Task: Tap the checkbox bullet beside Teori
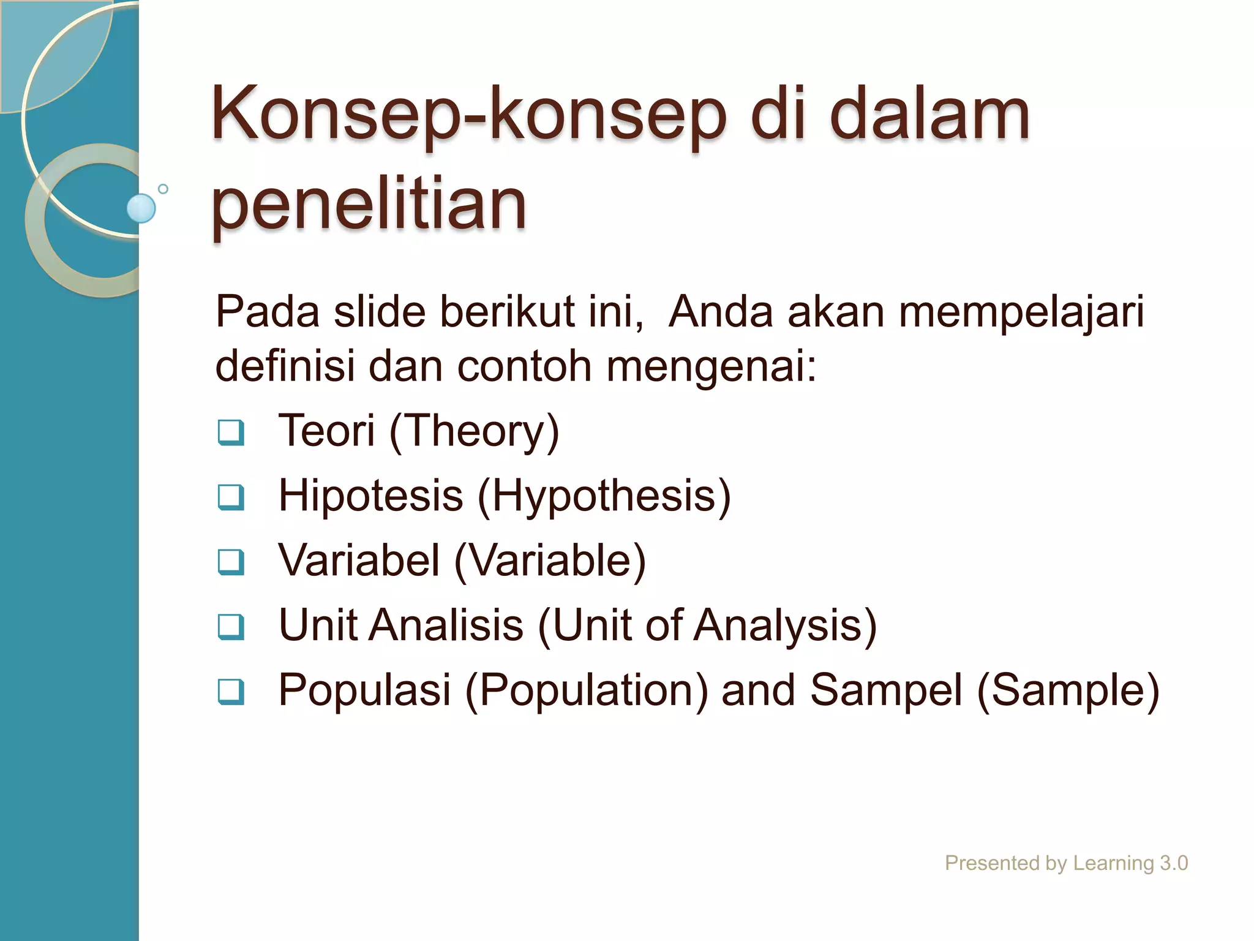231,433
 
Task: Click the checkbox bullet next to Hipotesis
231,497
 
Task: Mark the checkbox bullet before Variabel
231,562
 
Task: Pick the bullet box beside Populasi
231,692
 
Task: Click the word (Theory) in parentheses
475,431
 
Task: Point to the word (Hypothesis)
604,496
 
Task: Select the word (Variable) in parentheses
550,561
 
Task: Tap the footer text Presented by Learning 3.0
1066,863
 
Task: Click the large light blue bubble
141,208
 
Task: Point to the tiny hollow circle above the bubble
163,189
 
